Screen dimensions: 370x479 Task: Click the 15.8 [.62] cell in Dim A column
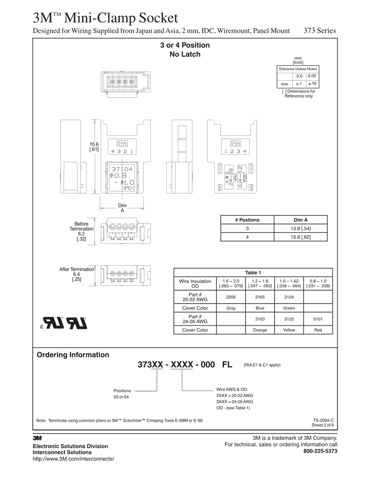tap(301, 237)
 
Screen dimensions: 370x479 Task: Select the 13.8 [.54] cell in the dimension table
tap(301, 229)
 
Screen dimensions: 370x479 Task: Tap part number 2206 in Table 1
tap(231, 297)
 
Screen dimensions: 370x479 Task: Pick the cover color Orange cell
tap(260, 330)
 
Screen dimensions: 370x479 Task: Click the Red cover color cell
tap(318, 330)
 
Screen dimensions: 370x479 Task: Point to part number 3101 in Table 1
tap(318, 319)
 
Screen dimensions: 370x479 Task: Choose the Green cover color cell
tap(289, 308)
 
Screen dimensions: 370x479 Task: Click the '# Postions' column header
tap(247, 220)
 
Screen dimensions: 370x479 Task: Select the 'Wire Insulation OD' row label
tap(195, 284)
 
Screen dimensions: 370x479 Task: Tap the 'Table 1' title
tap(253, 273)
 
